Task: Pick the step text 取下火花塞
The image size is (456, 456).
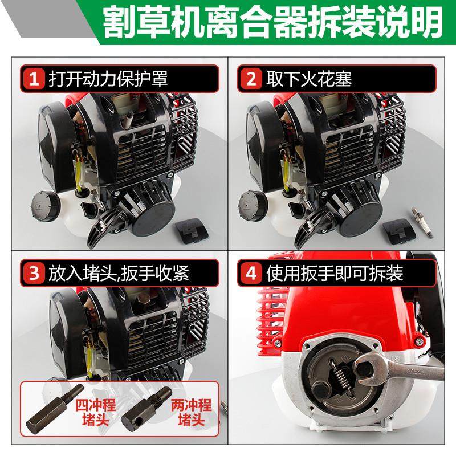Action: point(308,79)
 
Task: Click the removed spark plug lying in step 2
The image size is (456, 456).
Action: point(418,233)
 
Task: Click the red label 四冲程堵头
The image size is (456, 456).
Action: point(92,413)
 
